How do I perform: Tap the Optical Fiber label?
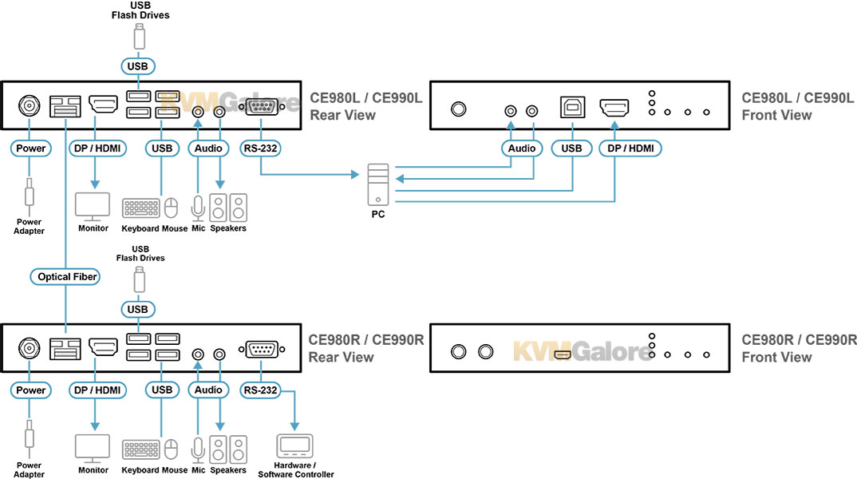pos(67,277)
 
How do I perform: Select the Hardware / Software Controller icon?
pos(294,446)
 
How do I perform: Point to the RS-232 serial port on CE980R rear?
pos(261,349)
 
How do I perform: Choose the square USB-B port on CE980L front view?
pos(573,109)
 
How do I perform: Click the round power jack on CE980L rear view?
pos(30,105)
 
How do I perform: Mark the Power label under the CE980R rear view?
pos(30,390)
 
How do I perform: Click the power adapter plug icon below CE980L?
pos(30,196)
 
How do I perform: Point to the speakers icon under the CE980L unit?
pos(228,208)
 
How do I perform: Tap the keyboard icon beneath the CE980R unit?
pos(140,449)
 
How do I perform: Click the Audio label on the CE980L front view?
pos(522,148)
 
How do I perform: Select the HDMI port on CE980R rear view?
pos(103,348)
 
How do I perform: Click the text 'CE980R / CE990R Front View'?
pos(799,348)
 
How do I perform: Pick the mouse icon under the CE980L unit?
pos(171,208)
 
